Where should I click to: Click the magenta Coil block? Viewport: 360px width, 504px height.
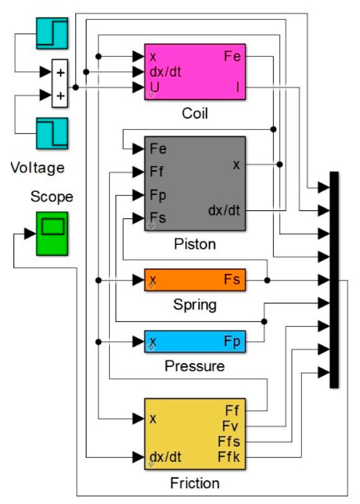click(x=194, y=72)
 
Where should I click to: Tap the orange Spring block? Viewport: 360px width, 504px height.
click(x=194, y=280)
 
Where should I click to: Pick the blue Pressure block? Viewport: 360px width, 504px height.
click(x=194, y=342)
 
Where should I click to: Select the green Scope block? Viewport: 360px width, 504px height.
click(x=52, y=233)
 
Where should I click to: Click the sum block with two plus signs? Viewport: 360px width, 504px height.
click(x=60, y=84)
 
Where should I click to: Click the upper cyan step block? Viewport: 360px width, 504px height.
click(x=52, y=33)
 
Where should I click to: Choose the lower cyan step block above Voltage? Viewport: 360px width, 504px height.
click(x=52, y=133)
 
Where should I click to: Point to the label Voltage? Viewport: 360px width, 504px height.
click(x=37, y=168)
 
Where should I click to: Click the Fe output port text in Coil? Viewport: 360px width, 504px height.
click(x=232, y=56)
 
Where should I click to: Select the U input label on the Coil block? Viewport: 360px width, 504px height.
click(x=155, y=87)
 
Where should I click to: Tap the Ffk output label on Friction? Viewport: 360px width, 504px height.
click(x=229, y=457)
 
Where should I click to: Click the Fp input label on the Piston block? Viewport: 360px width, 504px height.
click(x=158, y=195)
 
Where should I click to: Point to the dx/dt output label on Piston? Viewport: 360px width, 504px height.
click(x=224, y=210)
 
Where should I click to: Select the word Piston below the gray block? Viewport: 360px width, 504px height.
click(x=194, y=244)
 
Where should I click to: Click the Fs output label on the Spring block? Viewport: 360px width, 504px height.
click(x=232, y=279)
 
